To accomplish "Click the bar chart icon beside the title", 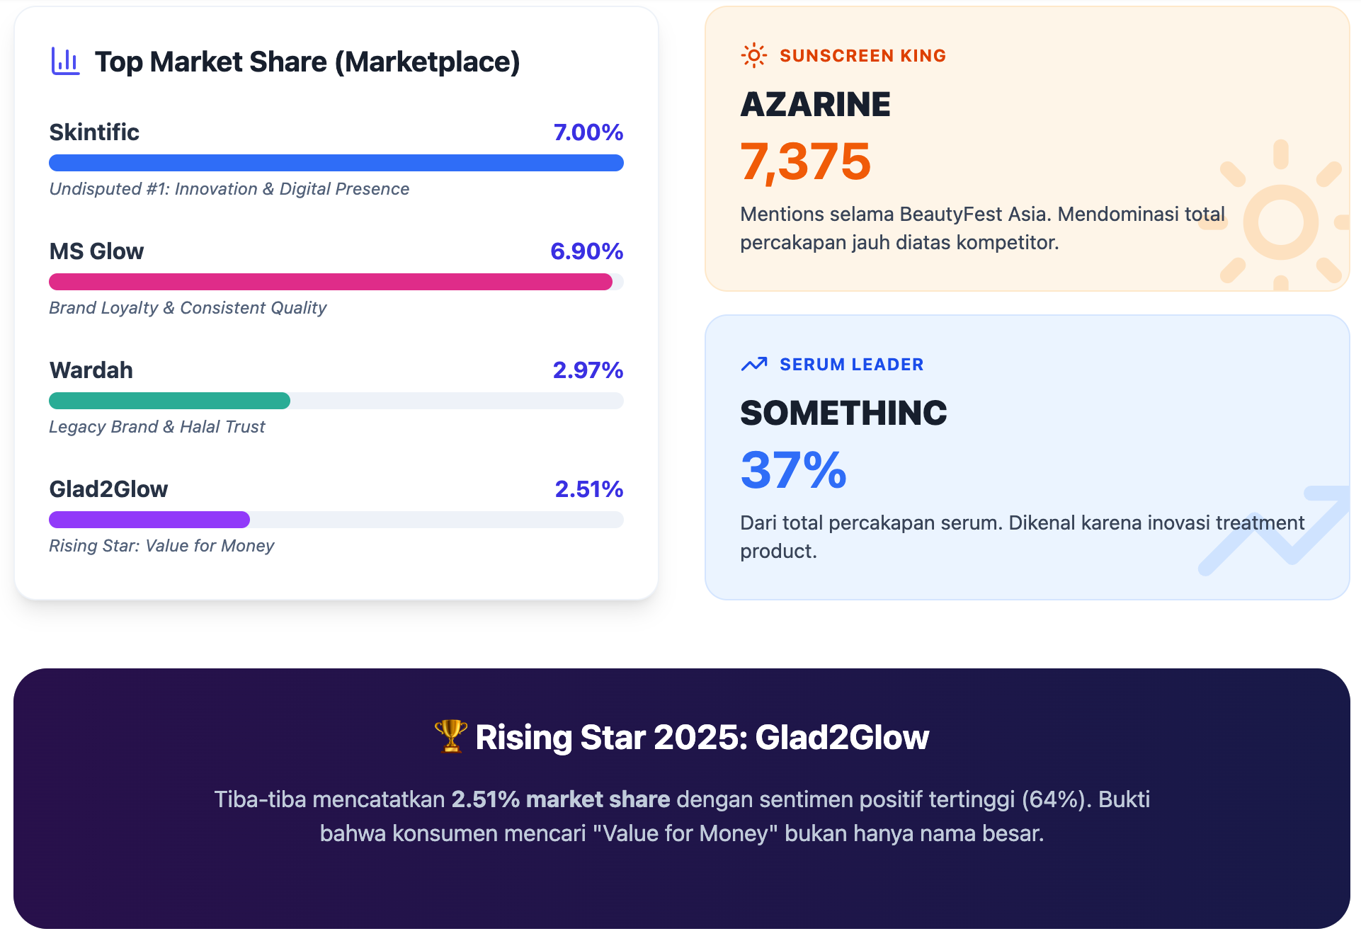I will point(65,62).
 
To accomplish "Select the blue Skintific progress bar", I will point(336,163).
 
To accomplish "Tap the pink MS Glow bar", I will point(330,282).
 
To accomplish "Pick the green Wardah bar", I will point(169,401).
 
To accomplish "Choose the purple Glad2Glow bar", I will point(149,520).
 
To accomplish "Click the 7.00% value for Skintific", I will point(588,132).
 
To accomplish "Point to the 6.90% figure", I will point(586,251).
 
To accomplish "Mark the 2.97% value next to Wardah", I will point(588,370).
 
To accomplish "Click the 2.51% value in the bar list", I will point(588,489).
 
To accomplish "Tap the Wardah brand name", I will point(91,370).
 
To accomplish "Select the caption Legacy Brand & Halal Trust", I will point(156,427).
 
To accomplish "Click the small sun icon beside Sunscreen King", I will point(753,55).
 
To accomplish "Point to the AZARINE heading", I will point(815,105).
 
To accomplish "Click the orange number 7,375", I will point(805,161).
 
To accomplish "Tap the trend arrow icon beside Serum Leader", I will point(753,364).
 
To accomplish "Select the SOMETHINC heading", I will point(843,413).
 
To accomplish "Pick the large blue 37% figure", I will point(793,470).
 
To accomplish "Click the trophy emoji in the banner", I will point(450,736).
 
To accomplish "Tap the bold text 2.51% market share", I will point(560,799).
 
